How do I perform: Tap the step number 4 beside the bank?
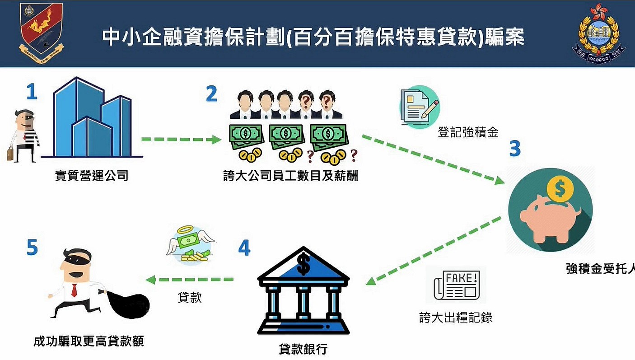point(244,248)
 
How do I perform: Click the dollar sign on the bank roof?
point(303,264)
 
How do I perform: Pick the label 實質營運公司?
point(92,176)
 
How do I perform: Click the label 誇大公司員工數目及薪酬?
point(290,176)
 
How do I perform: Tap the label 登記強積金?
point(468,132)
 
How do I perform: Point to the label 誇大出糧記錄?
point(456,318)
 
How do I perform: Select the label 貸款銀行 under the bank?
point(303,349)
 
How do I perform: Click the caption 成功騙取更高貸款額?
point(89,341)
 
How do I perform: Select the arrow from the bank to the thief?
point(190,280)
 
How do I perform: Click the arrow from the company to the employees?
point(181,140)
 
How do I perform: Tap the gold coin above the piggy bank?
point(560,189)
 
